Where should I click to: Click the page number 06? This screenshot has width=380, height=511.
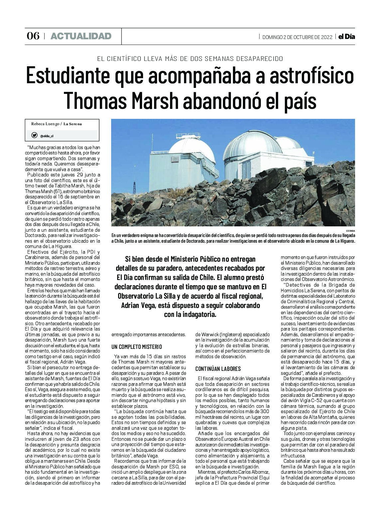click(33, 36)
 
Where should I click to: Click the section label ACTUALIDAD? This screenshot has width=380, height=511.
click(81, 36)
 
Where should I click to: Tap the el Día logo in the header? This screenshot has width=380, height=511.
click(346, 37)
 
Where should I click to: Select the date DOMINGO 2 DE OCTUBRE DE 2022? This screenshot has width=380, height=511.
click(297, 37)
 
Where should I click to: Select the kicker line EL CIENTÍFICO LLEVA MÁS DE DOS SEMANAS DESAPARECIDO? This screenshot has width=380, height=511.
click(190, 59)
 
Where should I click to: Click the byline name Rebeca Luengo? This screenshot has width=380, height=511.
click(45, 124)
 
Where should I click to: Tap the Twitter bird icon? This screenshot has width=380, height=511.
click(34, 135)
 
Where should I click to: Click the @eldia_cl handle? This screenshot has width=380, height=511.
click(47, 136)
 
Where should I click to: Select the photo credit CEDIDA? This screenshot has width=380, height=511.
click(350, 230)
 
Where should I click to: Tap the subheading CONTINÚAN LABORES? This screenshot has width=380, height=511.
click(218, 369)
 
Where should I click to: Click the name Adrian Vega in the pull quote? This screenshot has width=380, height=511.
click(138, 305)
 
